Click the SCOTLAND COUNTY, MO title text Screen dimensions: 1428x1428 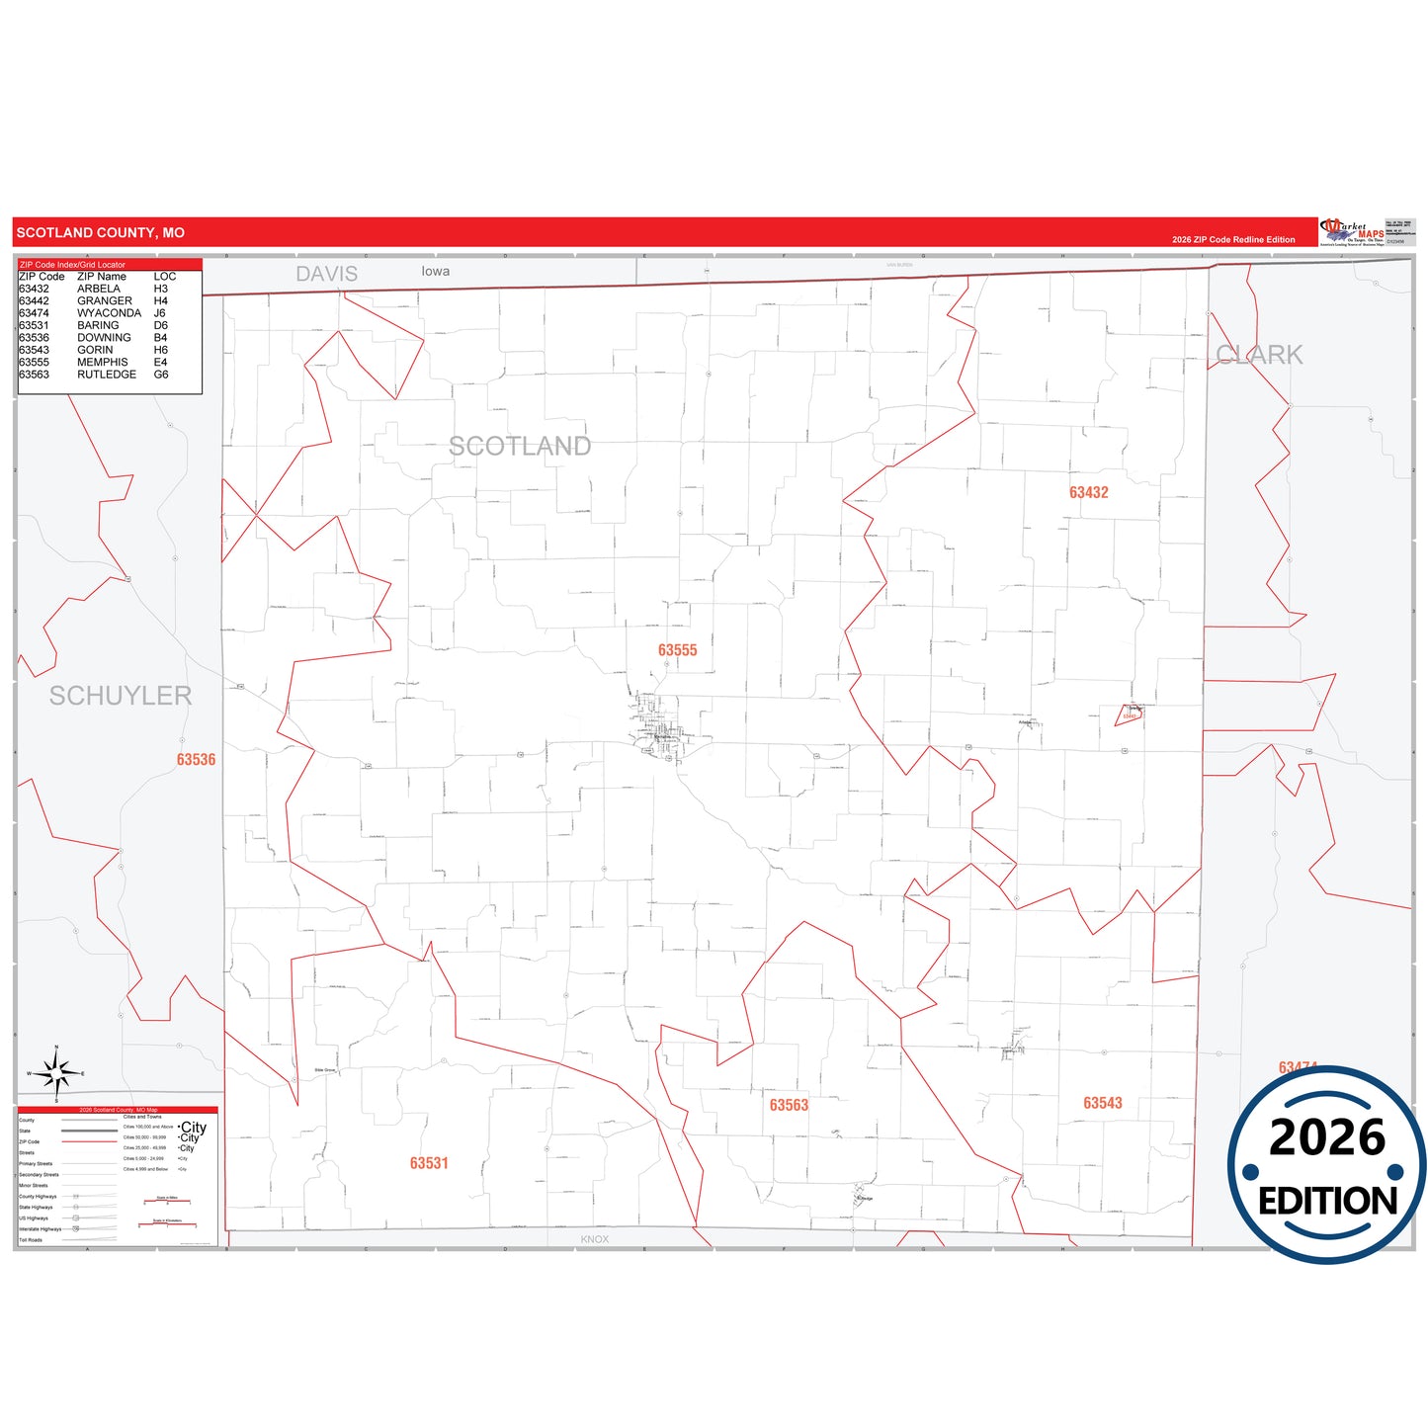(100, 233)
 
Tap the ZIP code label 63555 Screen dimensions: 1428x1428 (677, 650)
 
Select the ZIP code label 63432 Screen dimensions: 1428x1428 (1088, 492)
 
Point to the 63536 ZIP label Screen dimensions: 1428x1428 (196, 760)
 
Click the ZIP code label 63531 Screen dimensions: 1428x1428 (429, 1163)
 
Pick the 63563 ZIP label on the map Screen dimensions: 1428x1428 (789, 1105)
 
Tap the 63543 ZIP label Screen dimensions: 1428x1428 (1102, 1103)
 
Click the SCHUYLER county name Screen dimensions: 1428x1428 (121, 696)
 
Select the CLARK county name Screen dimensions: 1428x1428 (1259, 355)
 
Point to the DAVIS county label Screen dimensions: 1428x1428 (326, 274)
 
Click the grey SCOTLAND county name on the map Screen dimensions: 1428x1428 (520, 447)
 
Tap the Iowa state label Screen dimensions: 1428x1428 (435, 271)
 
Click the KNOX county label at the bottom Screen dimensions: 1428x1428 (594, 1239)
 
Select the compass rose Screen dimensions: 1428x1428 (56, 1073)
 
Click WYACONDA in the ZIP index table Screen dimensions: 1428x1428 (109, 313)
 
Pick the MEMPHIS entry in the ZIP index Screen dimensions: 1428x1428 (102, 363)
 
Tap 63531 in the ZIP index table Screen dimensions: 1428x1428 (34, 325)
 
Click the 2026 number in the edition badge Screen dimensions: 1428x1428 (1326, 1137)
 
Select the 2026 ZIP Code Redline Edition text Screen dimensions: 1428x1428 (1232, 240)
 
